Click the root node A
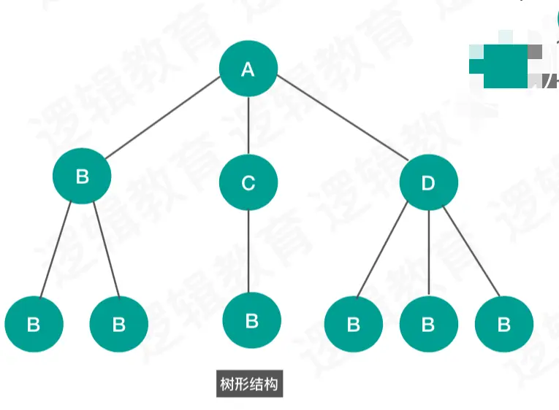(248, 69)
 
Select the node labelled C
(248, 182)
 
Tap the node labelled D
(428, 182)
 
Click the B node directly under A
(82, 176)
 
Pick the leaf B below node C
(251, 321)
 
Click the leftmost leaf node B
(34, 324)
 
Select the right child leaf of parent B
(118, 324)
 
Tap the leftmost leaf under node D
(354, 324)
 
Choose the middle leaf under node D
(429, 324)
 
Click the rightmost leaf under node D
(503, 324)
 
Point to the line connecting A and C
(248, 125)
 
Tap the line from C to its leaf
(248, 252)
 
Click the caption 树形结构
(248, 384)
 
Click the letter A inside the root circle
(248, 70)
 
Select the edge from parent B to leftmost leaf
(56, 250)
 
